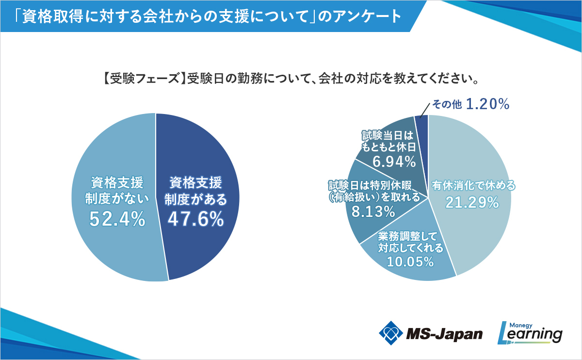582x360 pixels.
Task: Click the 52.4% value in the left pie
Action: click(x=118, y=219)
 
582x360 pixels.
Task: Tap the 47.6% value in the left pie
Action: click(x=196, y=219)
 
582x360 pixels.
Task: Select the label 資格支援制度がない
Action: click(x=117, y=191)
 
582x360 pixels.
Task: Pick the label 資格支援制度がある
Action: click(x=195, y=191)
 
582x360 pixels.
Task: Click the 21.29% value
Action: click(x=472, y=203)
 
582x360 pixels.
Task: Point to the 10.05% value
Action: click(x=410, y=262)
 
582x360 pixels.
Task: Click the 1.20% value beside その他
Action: click(x=487, y=104)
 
